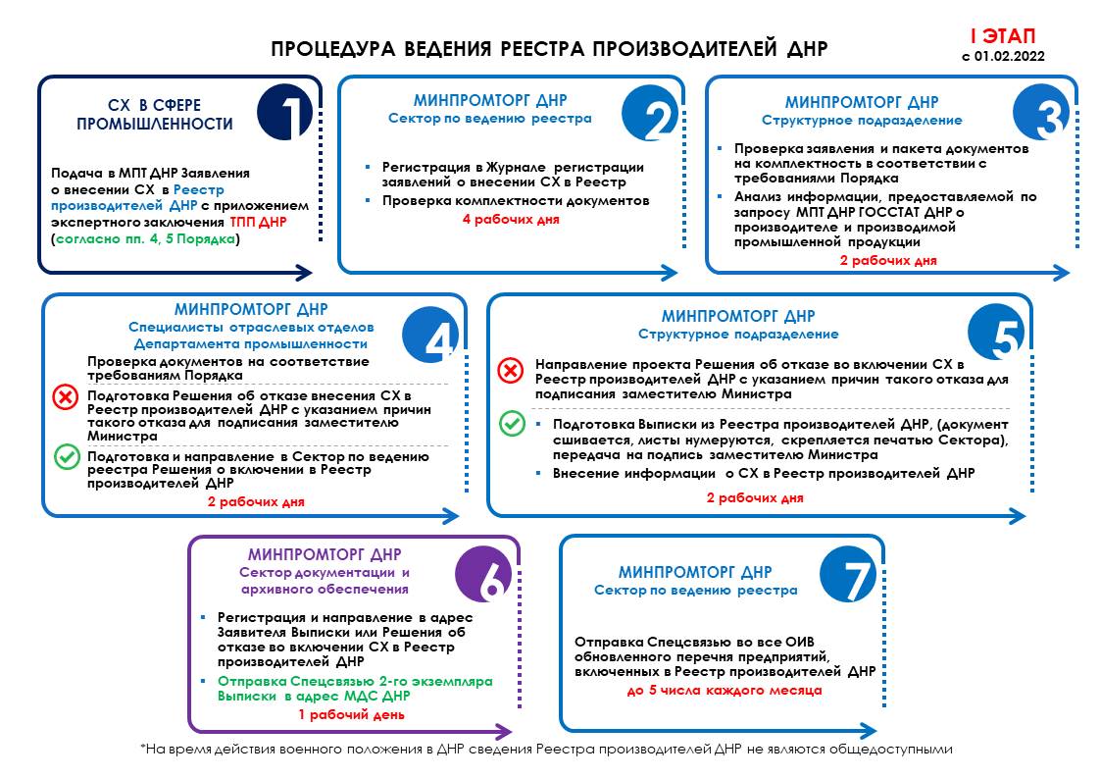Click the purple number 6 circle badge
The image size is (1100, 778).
[x=486, y=576]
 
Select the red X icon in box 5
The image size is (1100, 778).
[x=511, y=371]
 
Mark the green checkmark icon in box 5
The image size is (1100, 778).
[x=511, y=424]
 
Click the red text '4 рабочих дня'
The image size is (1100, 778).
[x=511, y=220]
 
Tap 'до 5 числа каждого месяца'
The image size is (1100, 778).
[x=724, y=691]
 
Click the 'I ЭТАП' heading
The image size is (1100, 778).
[x=1002, y=36]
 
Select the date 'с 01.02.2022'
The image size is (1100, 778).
[x=1003, y=57]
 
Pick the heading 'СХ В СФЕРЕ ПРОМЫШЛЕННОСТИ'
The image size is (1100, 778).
[x=155, y=114]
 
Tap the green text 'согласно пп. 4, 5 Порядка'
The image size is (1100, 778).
[x=144, y=238]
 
